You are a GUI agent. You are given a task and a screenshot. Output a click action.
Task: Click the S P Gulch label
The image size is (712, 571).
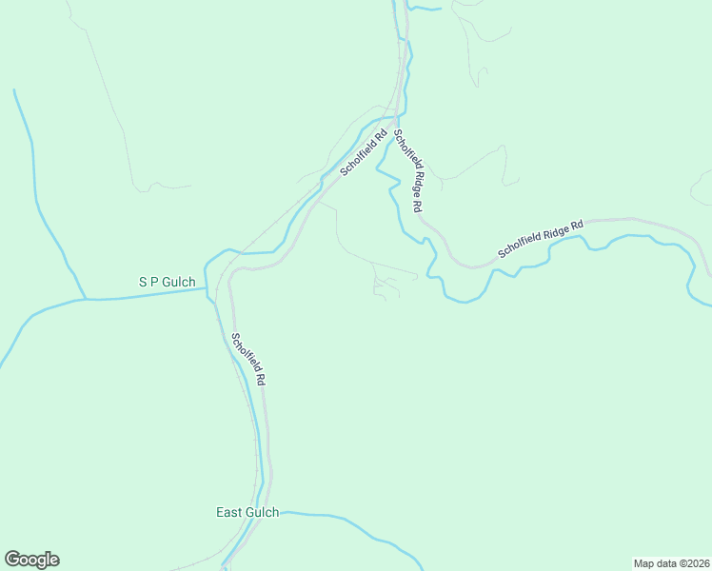pos(167,282)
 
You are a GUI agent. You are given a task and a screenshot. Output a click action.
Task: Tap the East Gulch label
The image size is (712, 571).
pos(247,512)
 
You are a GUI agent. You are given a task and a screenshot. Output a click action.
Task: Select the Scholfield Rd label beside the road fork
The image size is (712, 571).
pos(365,152)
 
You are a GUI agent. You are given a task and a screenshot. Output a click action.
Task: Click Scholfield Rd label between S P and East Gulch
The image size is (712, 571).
pos(248,358)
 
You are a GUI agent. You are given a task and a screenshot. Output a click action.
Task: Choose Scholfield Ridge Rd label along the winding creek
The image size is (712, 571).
pos(540,240)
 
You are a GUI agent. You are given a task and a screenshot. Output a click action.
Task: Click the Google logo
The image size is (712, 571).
pos(31,560)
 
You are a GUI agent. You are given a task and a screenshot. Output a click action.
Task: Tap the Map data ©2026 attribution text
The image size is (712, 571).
pos(671,562)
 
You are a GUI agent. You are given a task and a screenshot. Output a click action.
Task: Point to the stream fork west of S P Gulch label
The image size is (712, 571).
pos(86,299)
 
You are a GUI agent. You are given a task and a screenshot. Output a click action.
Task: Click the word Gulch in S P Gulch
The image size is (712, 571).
pos(178,282)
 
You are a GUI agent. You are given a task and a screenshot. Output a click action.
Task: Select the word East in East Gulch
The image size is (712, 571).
pos(228,512)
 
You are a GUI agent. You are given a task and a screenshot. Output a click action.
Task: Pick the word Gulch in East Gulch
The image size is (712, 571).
pos(262,512)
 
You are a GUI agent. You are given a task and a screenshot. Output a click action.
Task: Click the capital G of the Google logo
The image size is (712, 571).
pos(12,560)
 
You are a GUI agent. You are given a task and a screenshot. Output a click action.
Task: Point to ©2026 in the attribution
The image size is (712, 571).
pos(691,562)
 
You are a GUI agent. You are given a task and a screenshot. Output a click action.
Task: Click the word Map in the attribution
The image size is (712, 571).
pos(643,562)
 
